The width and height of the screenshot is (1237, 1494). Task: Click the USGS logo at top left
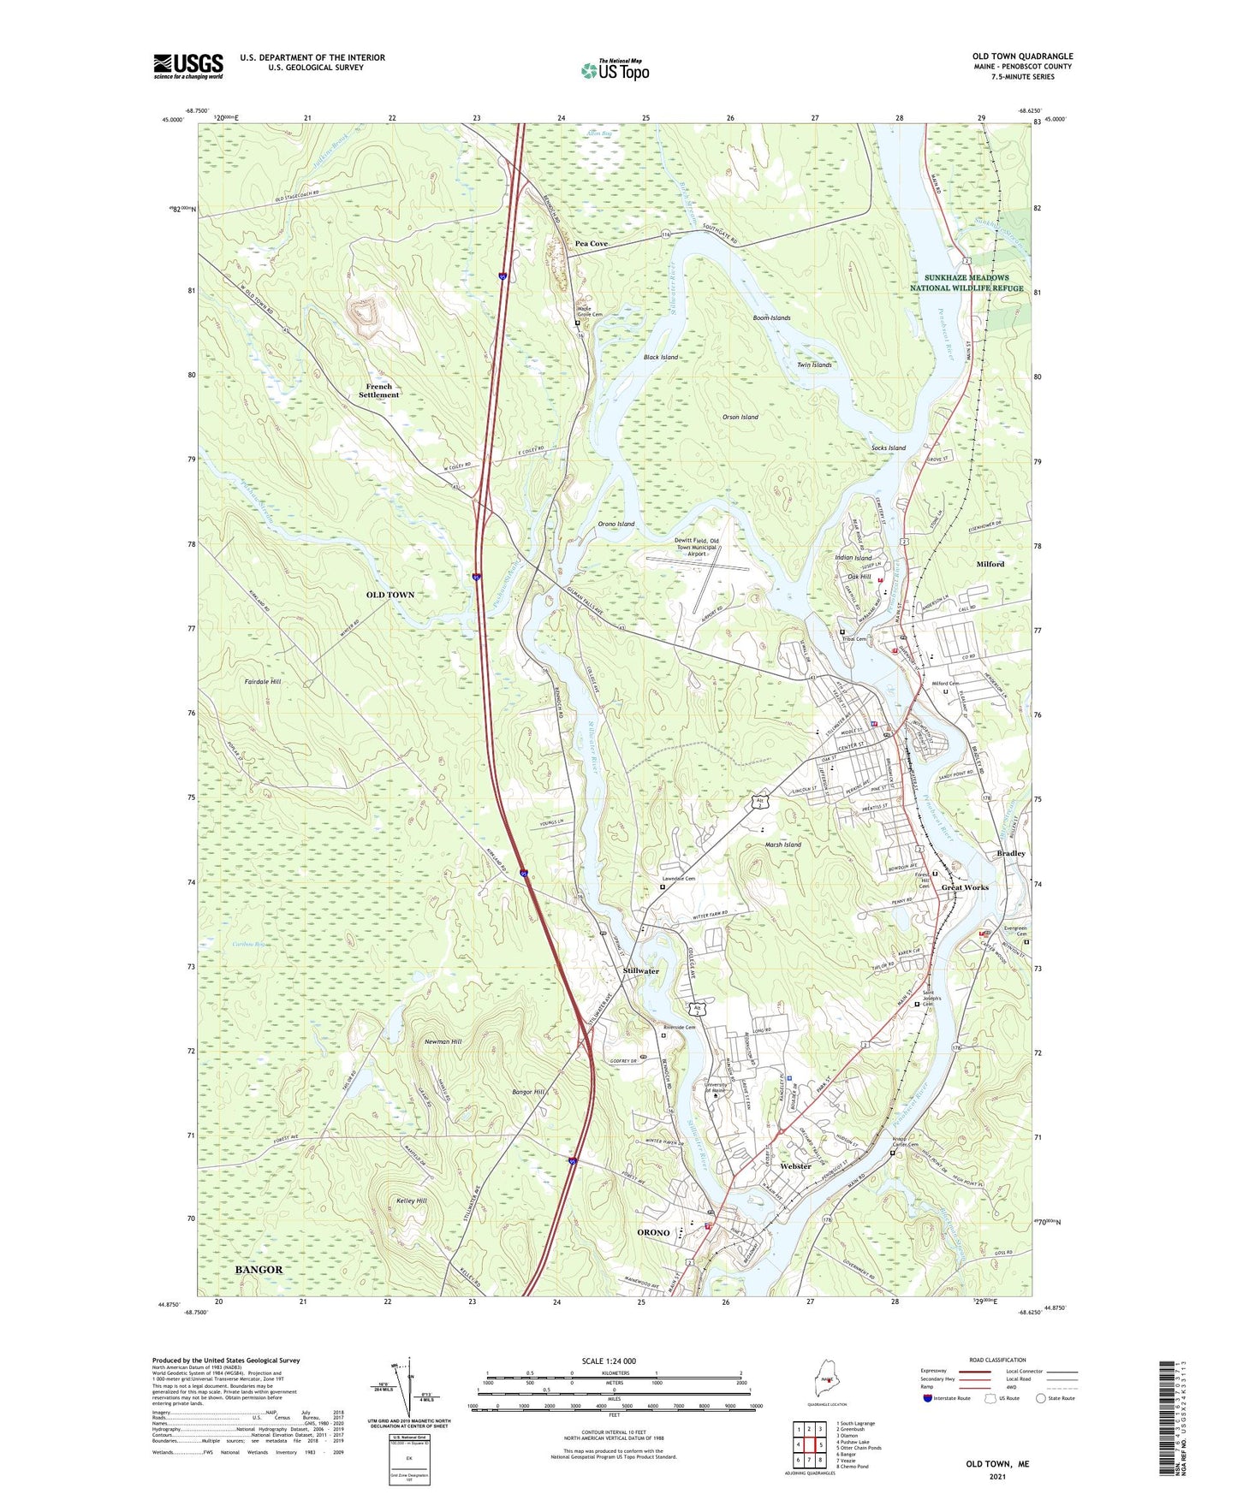click(x=188, y=65)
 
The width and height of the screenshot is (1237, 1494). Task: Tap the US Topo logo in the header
click(x=615, y=69)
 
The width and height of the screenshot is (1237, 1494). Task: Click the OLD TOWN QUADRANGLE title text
click(x=1022, y=56)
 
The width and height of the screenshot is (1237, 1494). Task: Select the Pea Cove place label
click(x=592, y=244)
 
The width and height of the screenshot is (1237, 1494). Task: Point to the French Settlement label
click(x=378, y=390)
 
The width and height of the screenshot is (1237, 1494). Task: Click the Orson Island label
click(x=740, y=417)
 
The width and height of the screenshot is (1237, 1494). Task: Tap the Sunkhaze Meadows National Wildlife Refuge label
click(x=966, y=283)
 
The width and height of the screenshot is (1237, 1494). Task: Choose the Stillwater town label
click(x=641, y=971)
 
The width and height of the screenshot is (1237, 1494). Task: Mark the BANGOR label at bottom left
click(x=259, y=1270)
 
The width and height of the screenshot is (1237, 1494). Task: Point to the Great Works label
click(x=965, y=887)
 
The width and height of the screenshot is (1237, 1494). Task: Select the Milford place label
click(x=990, y=564)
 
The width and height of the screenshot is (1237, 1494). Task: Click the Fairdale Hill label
click(x=263, y=682)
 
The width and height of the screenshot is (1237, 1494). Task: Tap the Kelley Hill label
click(x=411, y=1201)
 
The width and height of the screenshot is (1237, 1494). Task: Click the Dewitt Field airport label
click(x=696, y=547)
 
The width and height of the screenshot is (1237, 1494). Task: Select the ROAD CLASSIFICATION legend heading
click(x=997, y=1360)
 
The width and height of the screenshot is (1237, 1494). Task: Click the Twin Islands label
click(x=814, y=365)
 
